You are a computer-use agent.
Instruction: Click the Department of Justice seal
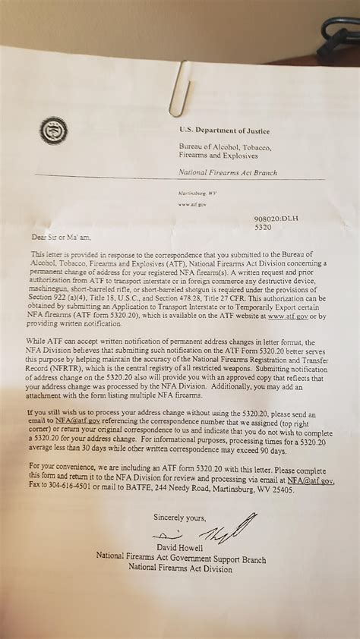click(x=53, y=131)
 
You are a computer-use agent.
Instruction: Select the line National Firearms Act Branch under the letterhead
click(x=227, y=173)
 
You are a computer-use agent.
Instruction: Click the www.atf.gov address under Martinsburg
click(x=192, y=204)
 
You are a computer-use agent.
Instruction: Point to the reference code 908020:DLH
click(x=276, y=219)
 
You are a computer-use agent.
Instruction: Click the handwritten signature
click(x=228, y=528)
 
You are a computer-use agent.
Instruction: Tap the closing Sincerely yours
click(x=179, y=518)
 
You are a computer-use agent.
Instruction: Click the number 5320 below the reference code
click(x=264, y=226)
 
